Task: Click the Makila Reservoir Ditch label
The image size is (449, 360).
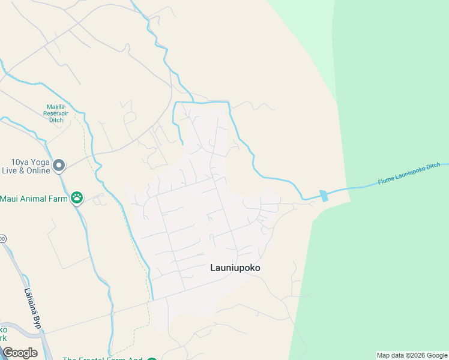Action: (56, 113)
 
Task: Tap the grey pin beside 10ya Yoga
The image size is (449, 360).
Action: (58, 166)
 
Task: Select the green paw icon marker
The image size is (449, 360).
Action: (77, 197)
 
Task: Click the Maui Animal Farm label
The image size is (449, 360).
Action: (34, 198)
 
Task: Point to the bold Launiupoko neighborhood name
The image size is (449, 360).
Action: (235, 268)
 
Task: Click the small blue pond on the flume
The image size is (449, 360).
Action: (324, 196)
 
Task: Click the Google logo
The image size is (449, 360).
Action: (20, 353)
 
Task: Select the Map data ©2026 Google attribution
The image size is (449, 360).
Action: (412, 355)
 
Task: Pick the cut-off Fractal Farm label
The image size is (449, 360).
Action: (103, 359)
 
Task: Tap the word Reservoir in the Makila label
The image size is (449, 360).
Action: (56, 113)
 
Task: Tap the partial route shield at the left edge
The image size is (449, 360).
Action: (2, 239)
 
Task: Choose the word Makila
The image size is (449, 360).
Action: (56, 107)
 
